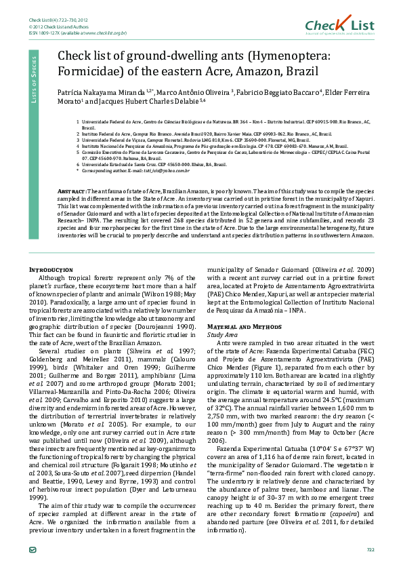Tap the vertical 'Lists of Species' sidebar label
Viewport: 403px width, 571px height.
point(35,80)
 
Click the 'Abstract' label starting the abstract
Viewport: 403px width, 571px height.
point(72,192)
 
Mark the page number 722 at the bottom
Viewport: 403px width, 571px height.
point(370,549)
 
